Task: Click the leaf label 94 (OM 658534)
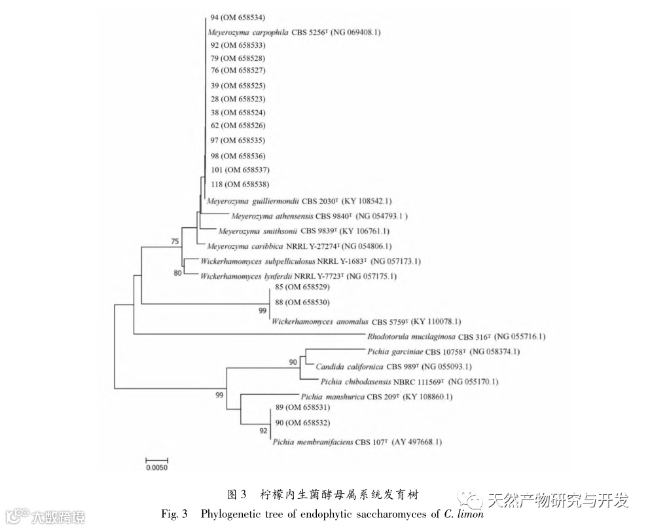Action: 238,17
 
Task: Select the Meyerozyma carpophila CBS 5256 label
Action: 293,31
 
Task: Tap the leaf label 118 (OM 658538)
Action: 240,185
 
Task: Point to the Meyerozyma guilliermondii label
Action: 299,201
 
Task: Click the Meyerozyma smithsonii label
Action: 304,231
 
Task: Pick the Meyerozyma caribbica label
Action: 298,246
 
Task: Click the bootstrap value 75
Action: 175,242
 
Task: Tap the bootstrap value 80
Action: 177,273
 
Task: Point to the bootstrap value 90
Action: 293,362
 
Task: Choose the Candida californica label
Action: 393,367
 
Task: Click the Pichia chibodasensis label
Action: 409,382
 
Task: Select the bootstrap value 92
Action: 263,431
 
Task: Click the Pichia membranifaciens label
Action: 356,442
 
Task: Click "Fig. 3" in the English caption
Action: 175,513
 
